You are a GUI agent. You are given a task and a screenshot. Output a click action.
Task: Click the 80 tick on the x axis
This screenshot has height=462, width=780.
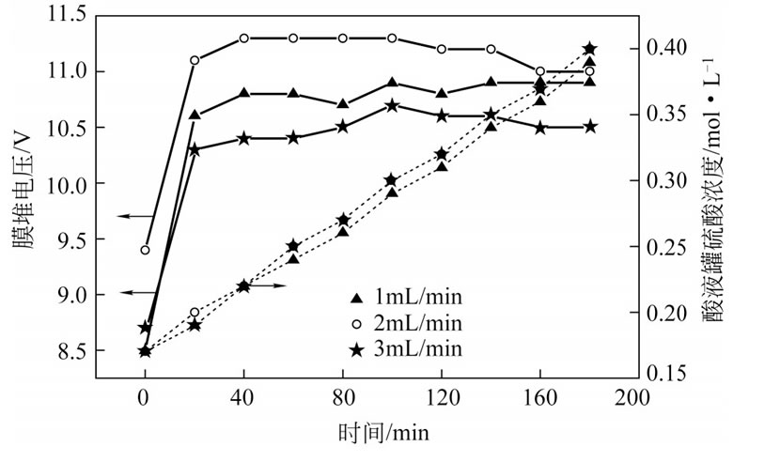[342, 397]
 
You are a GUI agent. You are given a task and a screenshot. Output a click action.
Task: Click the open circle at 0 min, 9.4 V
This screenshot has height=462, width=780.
[145, 250]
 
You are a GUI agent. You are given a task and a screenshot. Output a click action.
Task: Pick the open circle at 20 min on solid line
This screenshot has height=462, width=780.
[195, 60]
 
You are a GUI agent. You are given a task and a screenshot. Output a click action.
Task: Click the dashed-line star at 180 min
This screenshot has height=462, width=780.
[590, 48]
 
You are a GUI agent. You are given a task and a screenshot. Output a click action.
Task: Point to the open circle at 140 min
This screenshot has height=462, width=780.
[491, 49]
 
